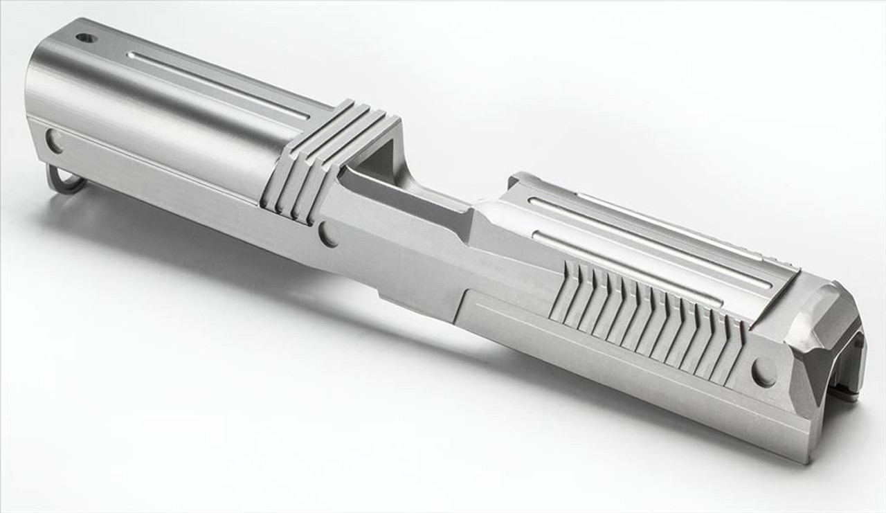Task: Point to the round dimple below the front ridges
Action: click(327, 235)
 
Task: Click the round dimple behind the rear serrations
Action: click(763, 374)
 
